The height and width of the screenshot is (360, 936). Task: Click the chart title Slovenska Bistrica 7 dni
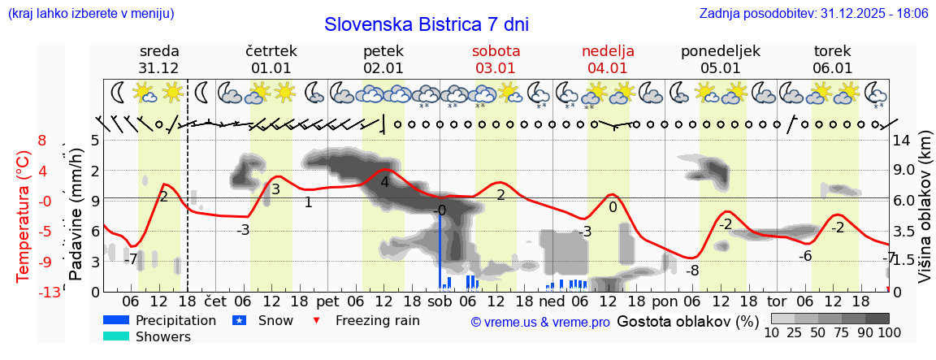(x=426, y=24)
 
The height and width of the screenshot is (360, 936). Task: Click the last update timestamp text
(x=813, y=14)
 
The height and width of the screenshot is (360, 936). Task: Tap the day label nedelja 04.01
(x=608, y=59)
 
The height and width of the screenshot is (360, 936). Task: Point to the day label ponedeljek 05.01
(x=720, y=59)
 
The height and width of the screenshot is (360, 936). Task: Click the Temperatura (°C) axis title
(x=24, y=215)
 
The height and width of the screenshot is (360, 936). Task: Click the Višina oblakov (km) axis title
(x=925, y=215)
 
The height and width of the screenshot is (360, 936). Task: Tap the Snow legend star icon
(x=239, y=320)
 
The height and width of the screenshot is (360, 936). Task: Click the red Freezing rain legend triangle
(x=317, y=320)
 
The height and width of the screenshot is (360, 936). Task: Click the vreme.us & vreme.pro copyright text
(x=540, y=322)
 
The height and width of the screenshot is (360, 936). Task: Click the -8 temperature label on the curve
(x=691, y=270)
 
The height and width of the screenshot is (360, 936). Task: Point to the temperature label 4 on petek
(x=384, y=182)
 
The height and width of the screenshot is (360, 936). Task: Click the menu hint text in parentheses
(x=90, y=14)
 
